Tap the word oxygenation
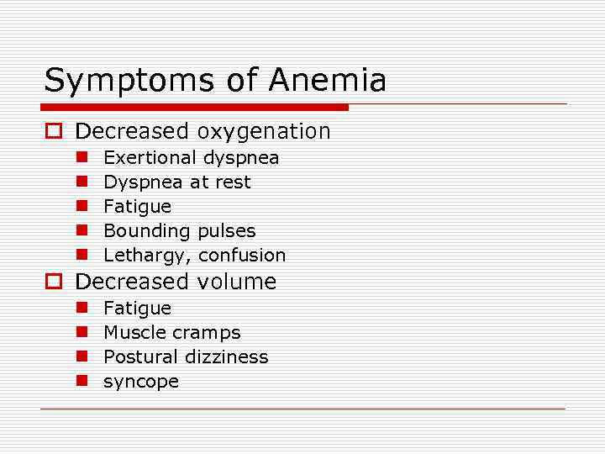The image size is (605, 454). point(264,132)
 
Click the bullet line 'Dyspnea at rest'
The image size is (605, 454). point(176,182)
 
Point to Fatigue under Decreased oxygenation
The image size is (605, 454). point(137,207)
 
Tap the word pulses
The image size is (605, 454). point(227,231)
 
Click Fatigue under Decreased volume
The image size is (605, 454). point(137,309)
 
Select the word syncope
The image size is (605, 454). point(141,383)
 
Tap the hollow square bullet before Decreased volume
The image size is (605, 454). point(53,282)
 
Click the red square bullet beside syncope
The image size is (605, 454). point(82,381)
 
